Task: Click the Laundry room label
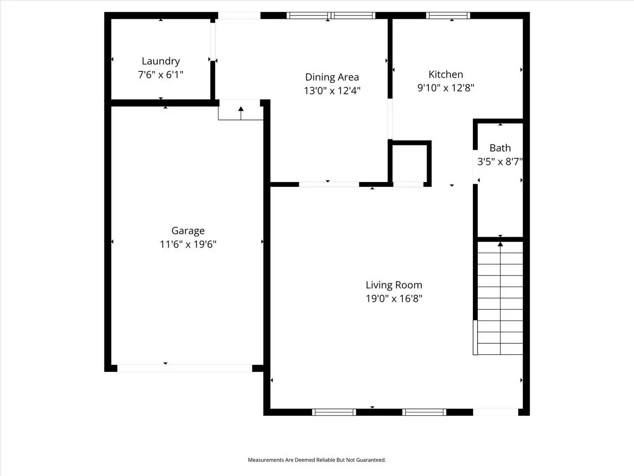161,61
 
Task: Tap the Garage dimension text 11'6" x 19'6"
188,244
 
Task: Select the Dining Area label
332,77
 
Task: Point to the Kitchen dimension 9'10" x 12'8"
446,88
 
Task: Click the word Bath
500,148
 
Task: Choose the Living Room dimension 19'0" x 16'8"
394,298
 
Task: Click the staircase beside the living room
500,300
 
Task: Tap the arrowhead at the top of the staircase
500,244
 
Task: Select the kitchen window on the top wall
448,16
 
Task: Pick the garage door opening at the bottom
185,368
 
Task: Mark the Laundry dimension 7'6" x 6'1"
161,74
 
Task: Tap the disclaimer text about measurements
317,460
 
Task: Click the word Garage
188,231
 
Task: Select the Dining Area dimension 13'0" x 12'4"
332,91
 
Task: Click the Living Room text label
394,285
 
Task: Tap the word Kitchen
446,74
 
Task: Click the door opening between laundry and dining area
213,42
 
